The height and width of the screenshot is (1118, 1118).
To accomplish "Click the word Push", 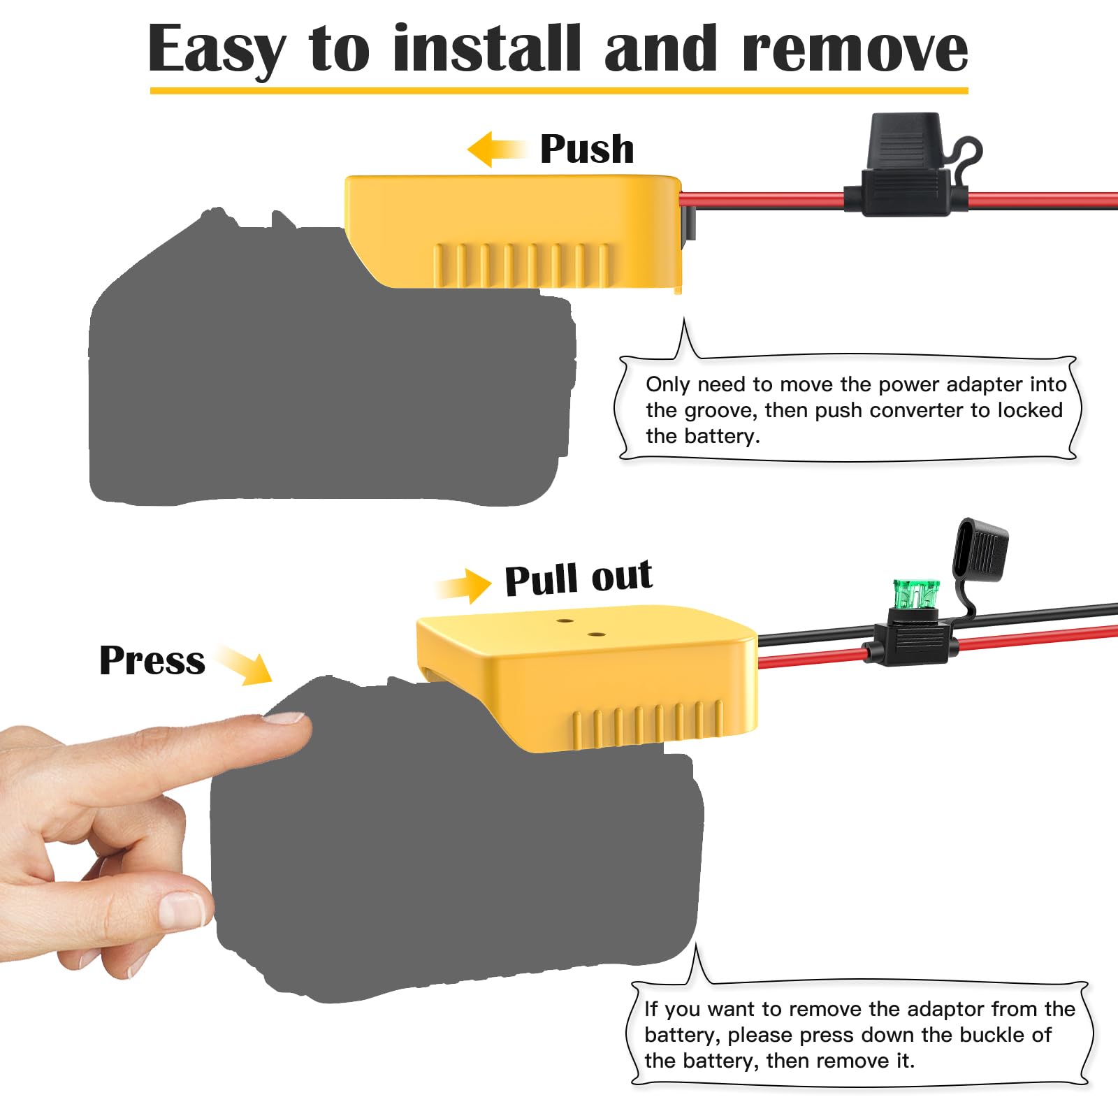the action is click(587, 149).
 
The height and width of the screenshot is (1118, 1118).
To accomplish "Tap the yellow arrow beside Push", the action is click(497, 149).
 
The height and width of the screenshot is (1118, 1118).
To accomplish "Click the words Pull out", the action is click(579, 578).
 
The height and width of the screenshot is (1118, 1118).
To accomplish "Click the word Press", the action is click(152, 660).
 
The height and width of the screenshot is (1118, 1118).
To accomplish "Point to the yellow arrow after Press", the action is click(244, 665).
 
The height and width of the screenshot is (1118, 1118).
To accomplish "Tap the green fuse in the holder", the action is click(916, 593).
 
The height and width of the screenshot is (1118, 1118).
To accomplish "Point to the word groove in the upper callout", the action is click(723, 411).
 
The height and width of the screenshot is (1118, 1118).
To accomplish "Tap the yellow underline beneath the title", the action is click(559, 90).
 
